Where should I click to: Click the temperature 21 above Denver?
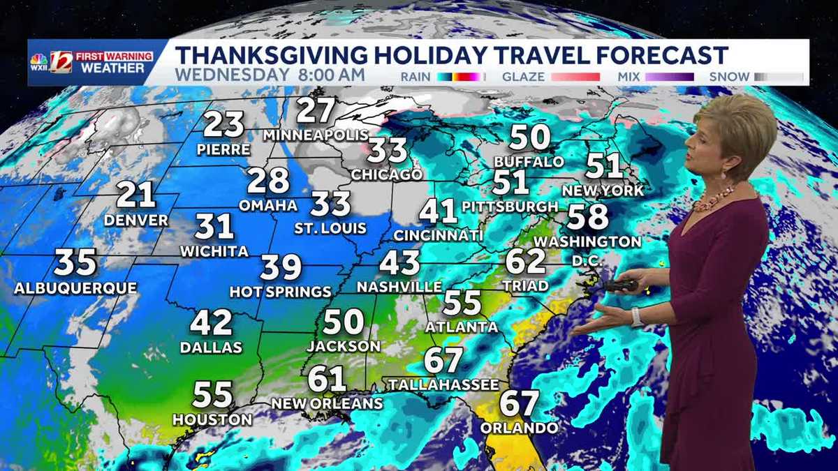coord(135,195)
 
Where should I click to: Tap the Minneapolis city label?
coord(316,135)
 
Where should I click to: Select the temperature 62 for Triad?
coord(524,262)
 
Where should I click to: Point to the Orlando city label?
coord(520,428)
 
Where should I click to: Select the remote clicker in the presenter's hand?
coord(621,285)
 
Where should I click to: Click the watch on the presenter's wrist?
coord(636,317)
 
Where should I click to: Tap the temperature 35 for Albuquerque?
coord(75,263)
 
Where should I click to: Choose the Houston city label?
coord(212,420)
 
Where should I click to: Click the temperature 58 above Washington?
coord(587,217)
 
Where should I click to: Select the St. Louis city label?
coord(331,227)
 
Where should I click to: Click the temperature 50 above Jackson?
coord(344,322)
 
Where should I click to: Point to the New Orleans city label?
coord(327,403)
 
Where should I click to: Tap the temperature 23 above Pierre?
coord(224,125)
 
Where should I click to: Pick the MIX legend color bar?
coord(669,77)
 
